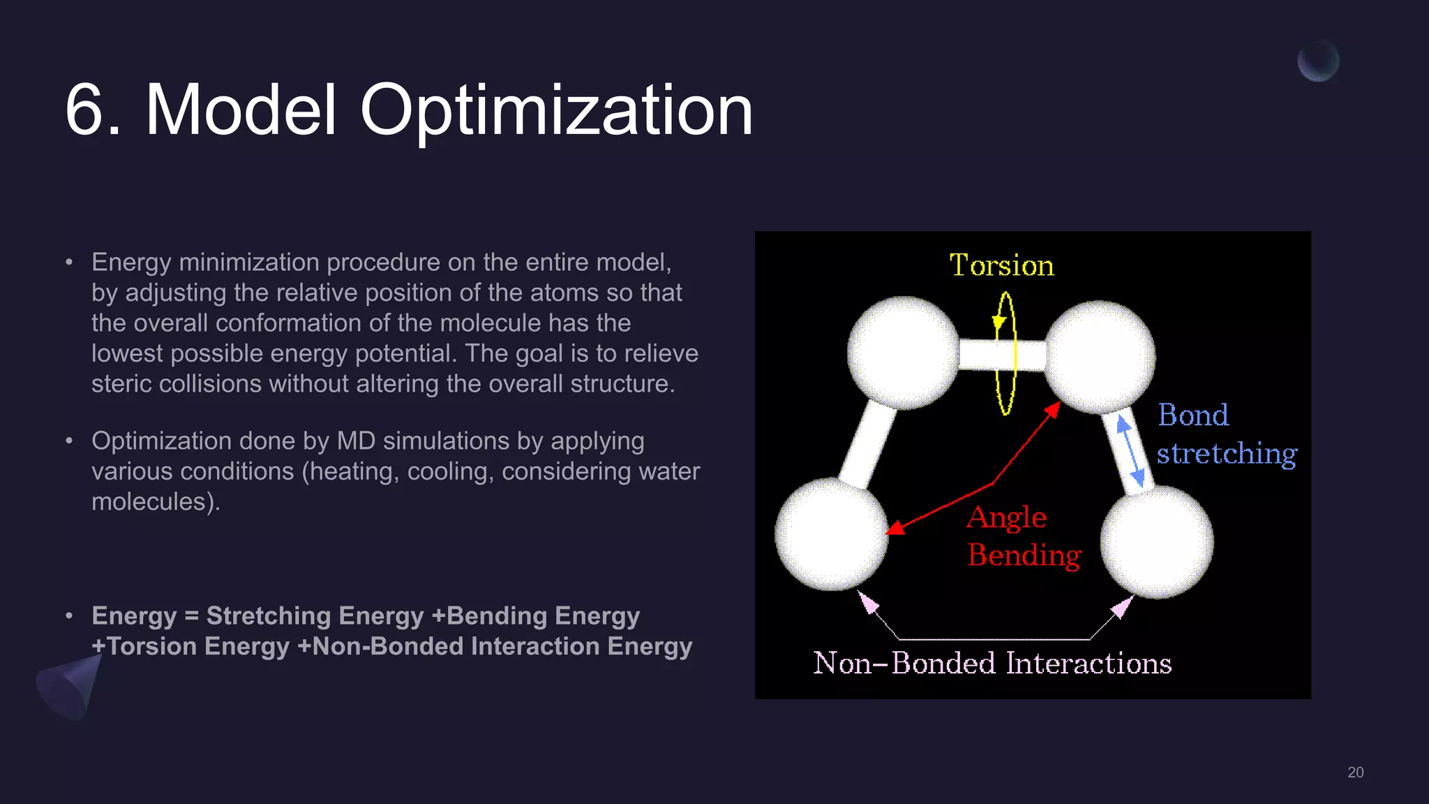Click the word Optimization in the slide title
556,110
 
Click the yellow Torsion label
1001,266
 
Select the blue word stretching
1227,454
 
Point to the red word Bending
1024,556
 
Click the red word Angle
1007,518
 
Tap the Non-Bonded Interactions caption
992,663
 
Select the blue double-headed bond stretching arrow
1130,451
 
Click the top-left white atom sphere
903,352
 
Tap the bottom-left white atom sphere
831,534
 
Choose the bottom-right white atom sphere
1157,542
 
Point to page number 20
1355,772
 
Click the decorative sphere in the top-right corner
1318,61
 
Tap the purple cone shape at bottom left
70,687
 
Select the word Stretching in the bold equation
315,616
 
